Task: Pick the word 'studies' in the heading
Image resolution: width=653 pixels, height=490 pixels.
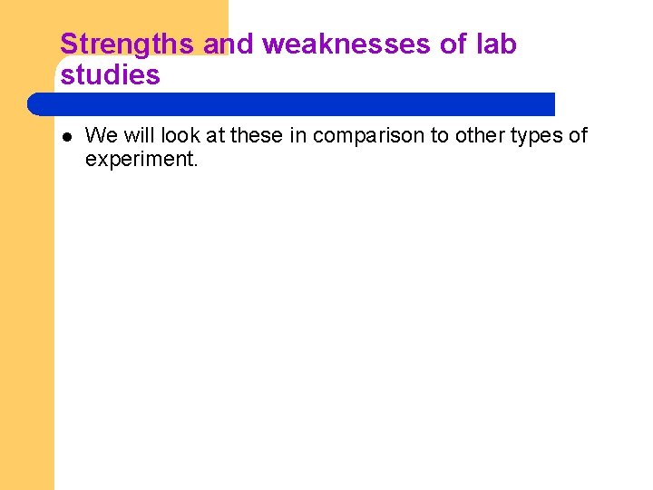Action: click(110, 75)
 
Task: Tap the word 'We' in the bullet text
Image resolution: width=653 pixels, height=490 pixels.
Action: click(101, 136)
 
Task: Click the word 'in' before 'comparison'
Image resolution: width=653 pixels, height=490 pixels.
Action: click(297, 136)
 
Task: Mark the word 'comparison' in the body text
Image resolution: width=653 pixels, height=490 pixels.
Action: click(368, 137)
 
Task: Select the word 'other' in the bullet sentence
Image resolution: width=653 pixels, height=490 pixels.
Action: click(477, 136)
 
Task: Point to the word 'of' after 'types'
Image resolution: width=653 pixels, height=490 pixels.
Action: click(578, 136)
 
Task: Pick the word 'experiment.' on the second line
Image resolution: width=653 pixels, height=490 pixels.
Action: click(141, 161)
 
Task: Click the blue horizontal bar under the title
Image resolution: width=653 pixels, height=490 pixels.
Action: click(290, 103)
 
